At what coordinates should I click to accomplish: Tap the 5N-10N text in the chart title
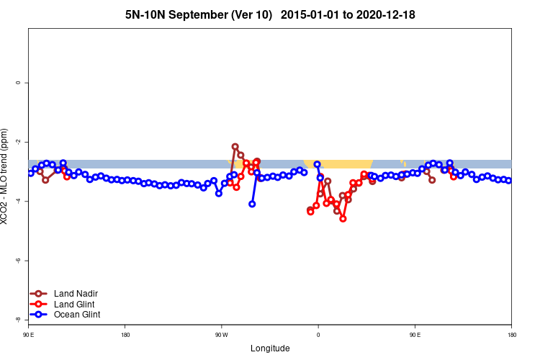[147, 14]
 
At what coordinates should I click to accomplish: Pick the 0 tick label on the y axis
[18, 83]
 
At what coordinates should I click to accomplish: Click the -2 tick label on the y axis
[18, 142]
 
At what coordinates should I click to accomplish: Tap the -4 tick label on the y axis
[18, 201]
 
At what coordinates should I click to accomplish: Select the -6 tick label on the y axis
[18, 260]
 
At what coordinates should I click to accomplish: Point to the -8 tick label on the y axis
[18, 319]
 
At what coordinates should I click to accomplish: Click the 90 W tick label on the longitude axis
[221, 335]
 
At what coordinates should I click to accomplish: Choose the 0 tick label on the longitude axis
[318, 335]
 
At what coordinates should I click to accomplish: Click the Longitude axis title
[270, 348]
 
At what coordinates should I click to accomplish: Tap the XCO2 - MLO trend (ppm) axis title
[6, 176]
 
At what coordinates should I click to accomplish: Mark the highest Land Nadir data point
[235, 146]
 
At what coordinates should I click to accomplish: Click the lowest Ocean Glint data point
[252, 204]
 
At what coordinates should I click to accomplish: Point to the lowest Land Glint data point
[343, 218]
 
